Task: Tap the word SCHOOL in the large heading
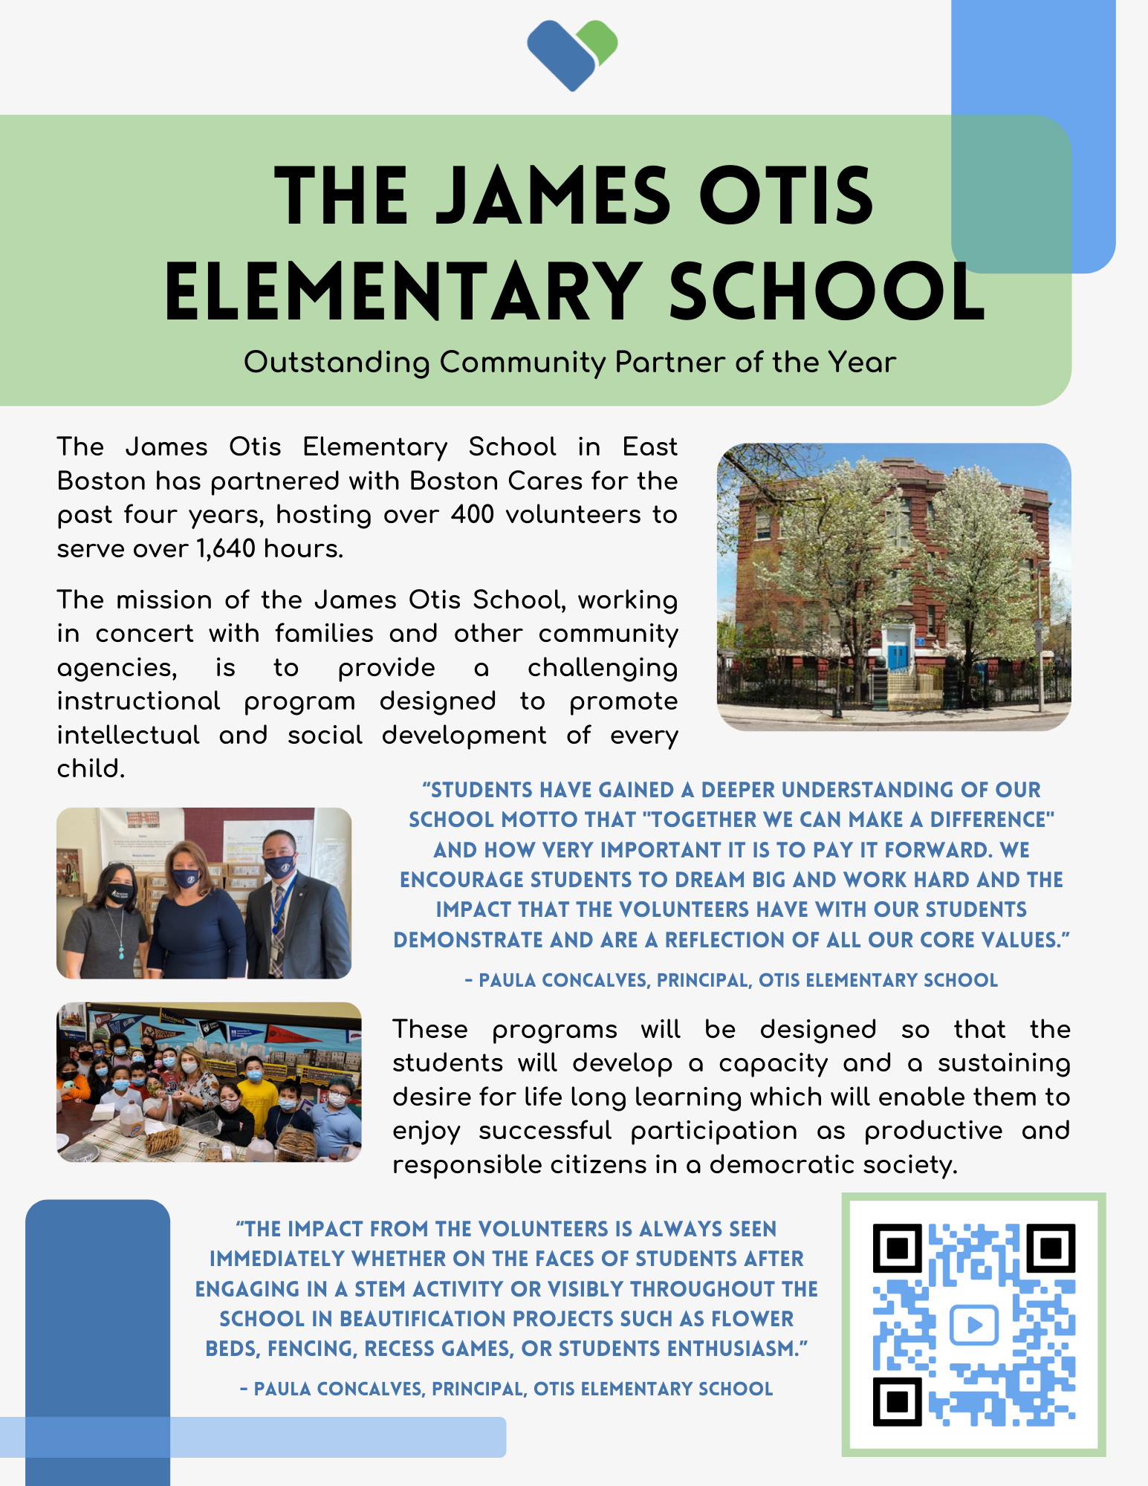click(827, 291)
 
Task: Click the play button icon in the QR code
click(973, 1325)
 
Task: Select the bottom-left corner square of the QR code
click(898, 1401)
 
